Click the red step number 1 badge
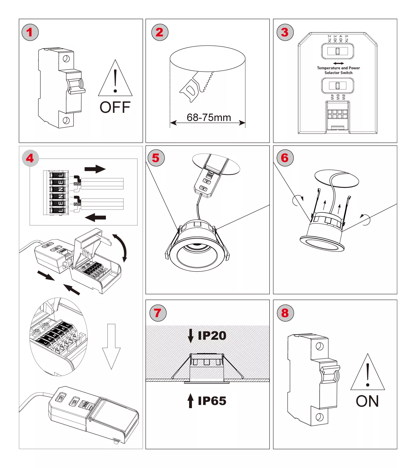click(30, 32)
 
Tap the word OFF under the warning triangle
click(115, 107)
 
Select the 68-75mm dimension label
click(209, 118)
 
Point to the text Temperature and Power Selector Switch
click(338, 70)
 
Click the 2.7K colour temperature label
click(329, 39)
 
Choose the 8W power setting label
click(344, 97)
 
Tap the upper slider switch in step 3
click(338, 51)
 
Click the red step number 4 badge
click(30, 158)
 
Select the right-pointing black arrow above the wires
click(95, 169)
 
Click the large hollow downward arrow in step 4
click(111, 347)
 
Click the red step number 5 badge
click(156, 158)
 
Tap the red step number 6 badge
click(285, 158)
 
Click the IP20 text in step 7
click(212, 336)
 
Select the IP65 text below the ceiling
click(212, 401)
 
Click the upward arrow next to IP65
click(190, 401)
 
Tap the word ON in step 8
click(367, 402)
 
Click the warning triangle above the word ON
click(367, 373)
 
